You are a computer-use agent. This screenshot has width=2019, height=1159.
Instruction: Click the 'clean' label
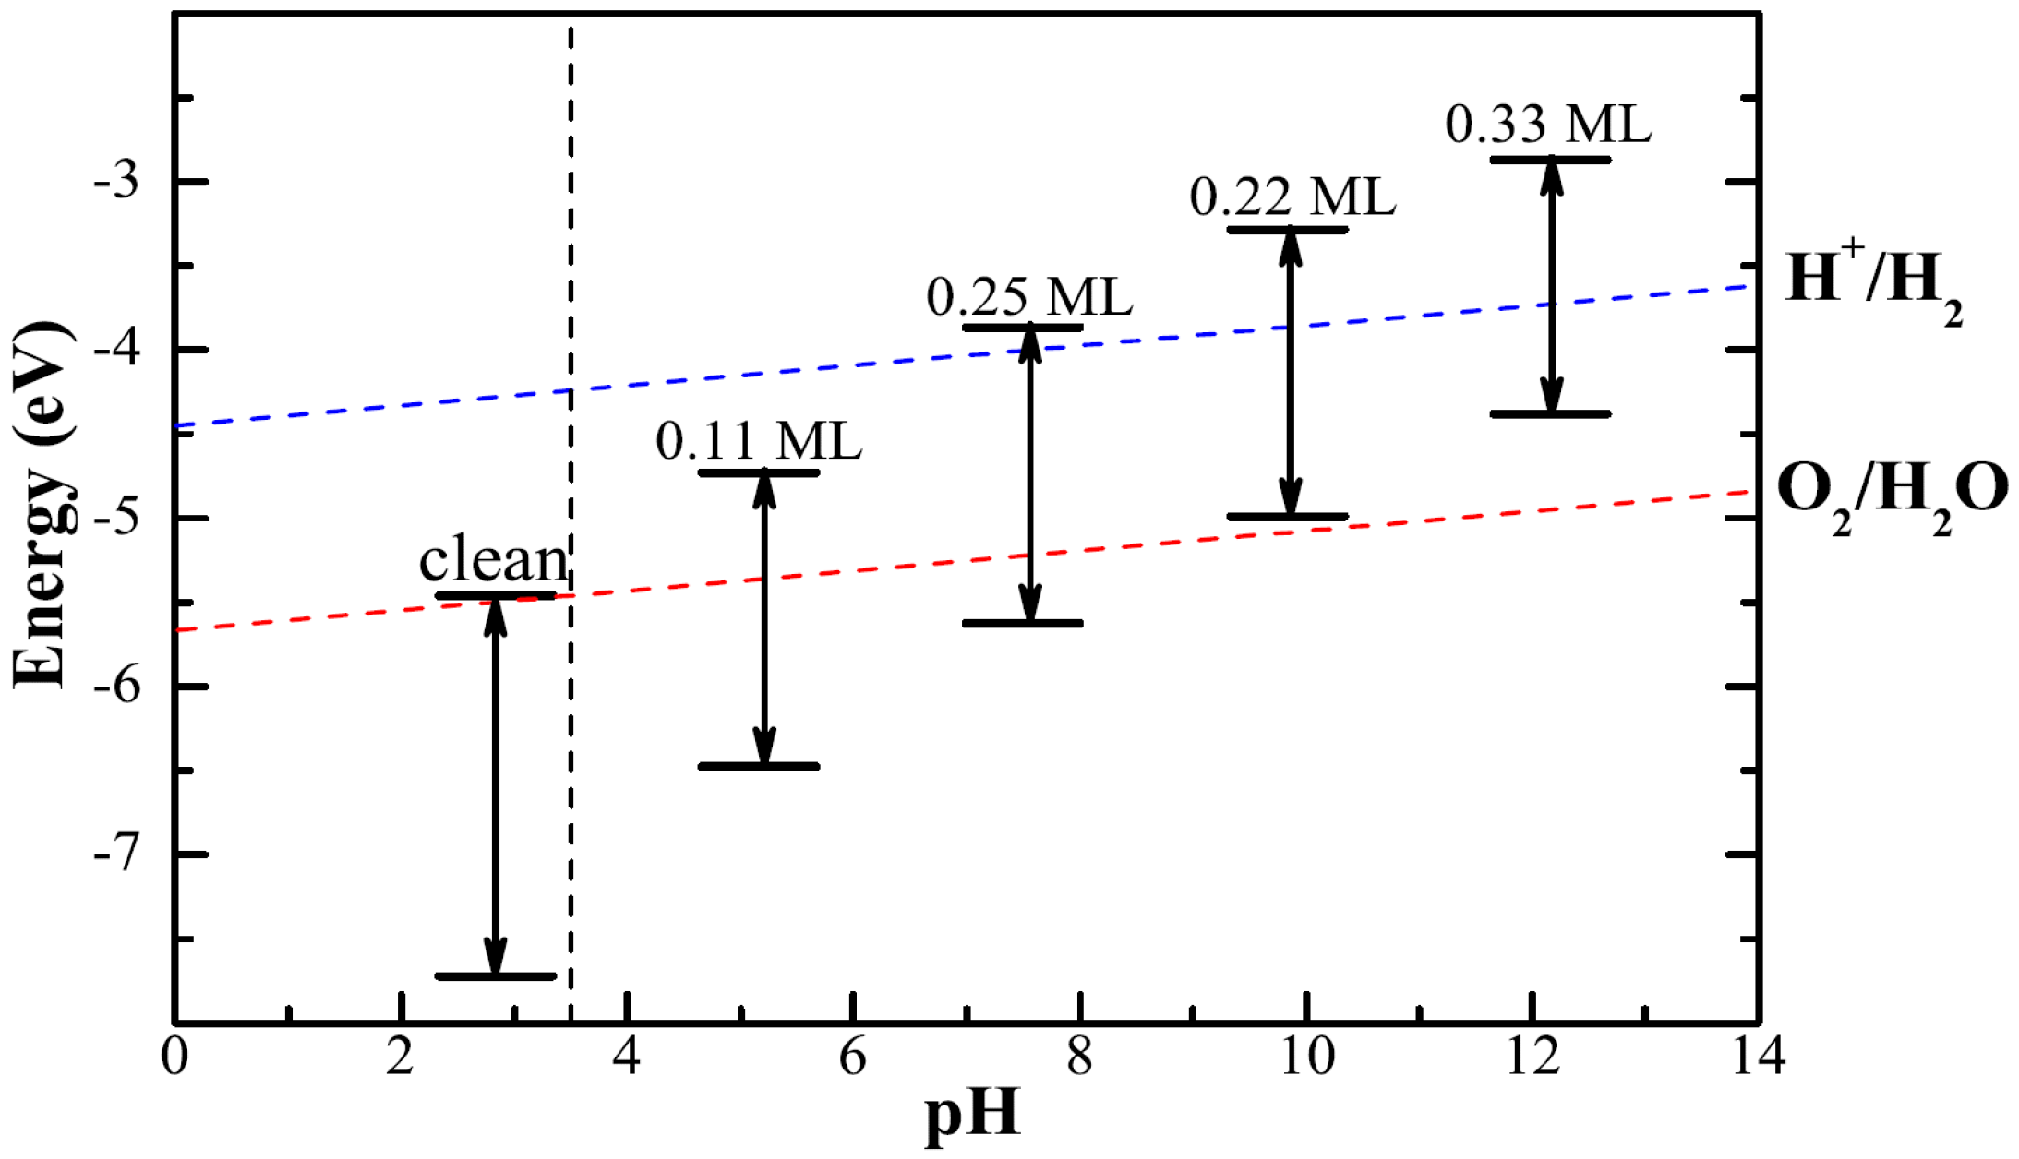[x=494, y=560]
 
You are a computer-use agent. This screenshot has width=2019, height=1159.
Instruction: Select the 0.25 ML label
[x=1029, y=297]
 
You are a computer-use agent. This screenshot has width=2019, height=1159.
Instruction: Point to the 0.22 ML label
[x=1292, y=197]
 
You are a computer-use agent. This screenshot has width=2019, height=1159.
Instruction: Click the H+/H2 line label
[x=1872, y=281]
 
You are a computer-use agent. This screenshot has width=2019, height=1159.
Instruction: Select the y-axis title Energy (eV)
[x=41, y=506]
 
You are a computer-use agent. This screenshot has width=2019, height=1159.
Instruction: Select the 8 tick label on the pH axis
[x=1079, y=1057]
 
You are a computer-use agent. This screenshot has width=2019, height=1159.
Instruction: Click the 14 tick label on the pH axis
[x=1758, y=1057]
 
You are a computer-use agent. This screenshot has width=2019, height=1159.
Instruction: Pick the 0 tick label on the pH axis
[x=174, y=1057]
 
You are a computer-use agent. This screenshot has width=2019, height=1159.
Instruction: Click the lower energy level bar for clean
[x=496, y=975]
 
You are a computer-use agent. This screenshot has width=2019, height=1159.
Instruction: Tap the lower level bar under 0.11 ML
[x=759, y=766]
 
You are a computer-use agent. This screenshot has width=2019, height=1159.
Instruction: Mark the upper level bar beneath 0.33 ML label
[x=1551, y=160]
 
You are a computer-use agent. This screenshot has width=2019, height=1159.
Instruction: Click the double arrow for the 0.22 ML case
[x=1291, y=373]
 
